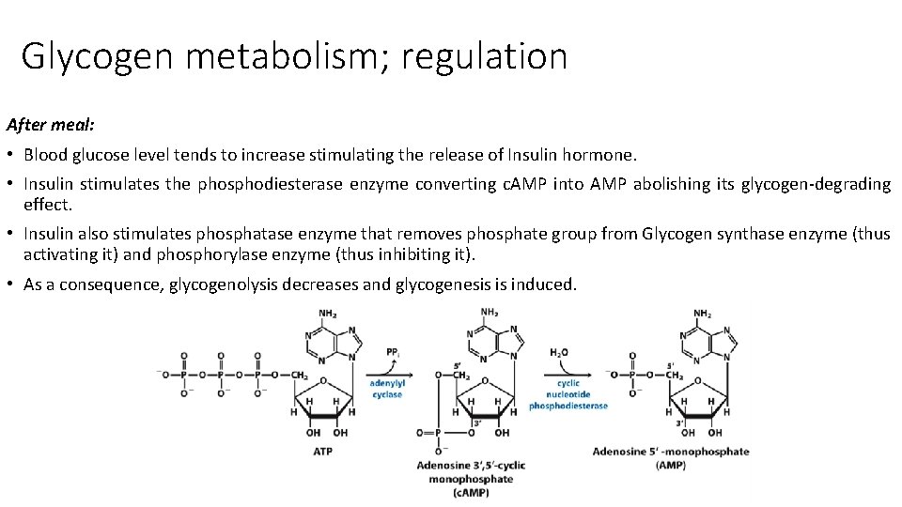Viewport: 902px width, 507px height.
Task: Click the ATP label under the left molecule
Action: [322, 452]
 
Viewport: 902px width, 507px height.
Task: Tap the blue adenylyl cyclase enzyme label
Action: [386, 389]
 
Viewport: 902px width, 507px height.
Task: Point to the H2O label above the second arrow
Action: [558, 353]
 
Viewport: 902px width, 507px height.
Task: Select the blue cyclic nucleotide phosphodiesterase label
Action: [568, 394]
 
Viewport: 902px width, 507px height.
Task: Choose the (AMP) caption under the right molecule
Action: [671, 466]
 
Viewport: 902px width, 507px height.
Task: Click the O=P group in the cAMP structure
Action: [427, 433]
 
